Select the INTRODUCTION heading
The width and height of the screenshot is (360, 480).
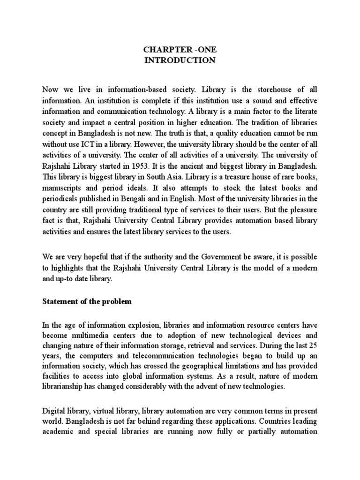[x=180, y=60]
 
